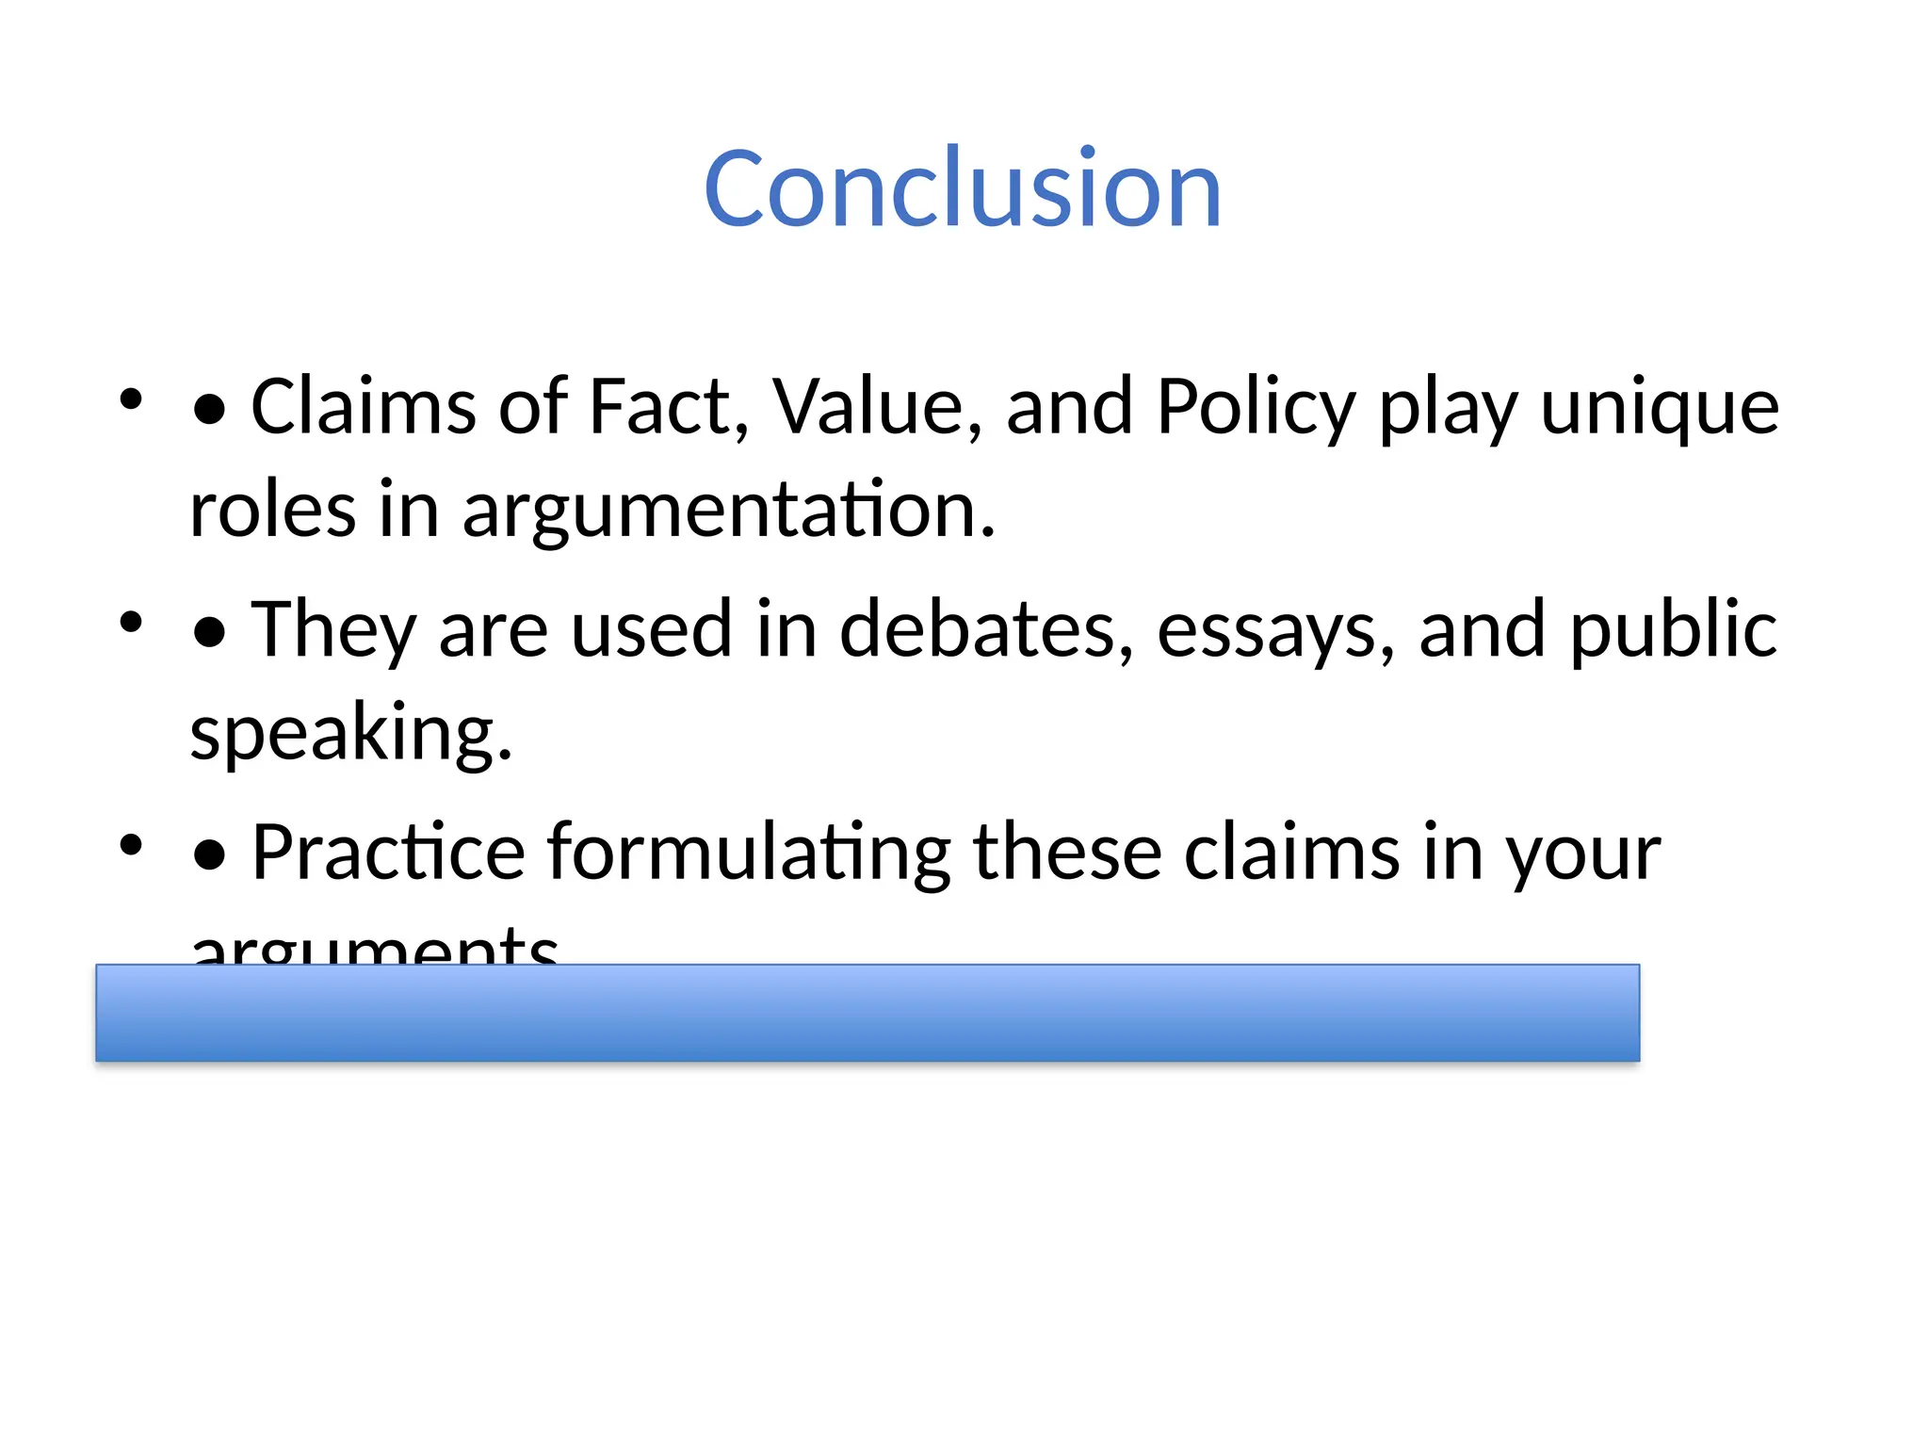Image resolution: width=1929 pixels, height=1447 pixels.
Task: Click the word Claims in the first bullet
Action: click(363, 407)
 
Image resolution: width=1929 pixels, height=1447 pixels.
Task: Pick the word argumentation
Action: click(728, 511)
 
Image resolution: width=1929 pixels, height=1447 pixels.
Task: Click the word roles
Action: click(272, 511)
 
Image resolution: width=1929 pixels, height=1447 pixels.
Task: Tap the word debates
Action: click(986, 629)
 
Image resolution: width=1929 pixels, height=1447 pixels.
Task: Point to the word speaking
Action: click(350, 733)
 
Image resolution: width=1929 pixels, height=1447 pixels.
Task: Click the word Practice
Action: click(388, 853)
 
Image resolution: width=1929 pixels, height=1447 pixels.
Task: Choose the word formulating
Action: click(749, 854)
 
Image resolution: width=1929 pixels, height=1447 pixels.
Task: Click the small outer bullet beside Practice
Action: click(131, 844)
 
